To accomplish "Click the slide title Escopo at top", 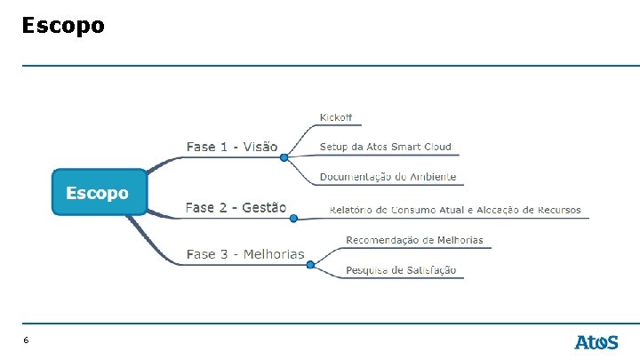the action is click(63, 26).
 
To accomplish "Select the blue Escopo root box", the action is click(100, 192).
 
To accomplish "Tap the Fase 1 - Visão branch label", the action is click(232, 147).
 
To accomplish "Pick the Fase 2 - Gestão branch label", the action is click(236, 207).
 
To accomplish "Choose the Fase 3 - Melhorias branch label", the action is click(245, 254).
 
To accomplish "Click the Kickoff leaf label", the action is click(335, 117).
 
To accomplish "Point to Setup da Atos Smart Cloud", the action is click(385, 147).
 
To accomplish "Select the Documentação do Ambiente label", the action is click(388, 177).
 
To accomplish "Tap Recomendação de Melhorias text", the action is click(414, 240).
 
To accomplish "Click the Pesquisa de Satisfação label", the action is click(401, 270).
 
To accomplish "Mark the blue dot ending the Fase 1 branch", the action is click(284, 157).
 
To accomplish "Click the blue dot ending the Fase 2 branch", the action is click(293, 219).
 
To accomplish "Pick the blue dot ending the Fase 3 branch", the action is click(310, 265).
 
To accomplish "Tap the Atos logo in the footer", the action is click(596, 342).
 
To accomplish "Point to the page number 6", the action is click(26, 340).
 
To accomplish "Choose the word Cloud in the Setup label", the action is click(437, 147).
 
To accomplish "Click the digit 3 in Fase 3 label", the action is click(224, 254).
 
